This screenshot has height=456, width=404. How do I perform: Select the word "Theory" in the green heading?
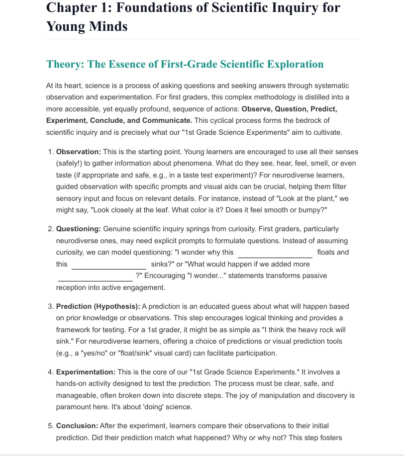tap(64, 64)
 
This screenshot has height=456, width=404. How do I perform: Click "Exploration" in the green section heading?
tap(295, 64)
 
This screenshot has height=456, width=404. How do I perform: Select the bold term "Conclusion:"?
tap(77, 426)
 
